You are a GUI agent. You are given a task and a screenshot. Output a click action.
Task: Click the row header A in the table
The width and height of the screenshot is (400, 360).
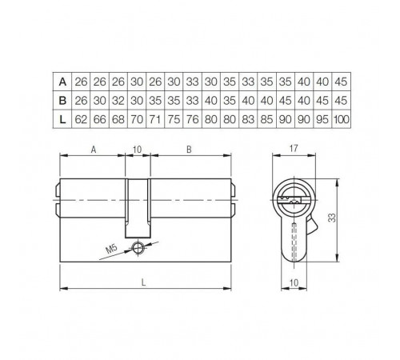62,81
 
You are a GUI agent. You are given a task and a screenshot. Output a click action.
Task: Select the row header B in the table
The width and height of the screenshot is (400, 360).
62,100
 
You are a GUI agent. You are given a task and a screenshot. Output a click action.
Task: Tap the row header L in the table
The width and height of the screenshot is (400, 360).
62,119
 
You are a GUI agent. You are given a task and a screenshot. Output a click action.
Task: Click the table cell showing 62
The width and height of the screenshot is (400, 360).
81,119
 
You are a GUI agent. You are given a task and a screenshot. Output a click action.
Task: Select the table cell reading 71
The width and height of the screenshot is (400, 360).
155,119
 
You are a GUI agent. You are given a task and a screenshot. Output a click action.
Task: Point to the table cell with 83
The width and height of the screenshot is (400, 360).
249,119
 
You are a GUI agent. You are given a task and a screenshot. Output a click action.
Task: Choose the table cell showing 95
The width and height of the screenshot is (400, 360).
323,119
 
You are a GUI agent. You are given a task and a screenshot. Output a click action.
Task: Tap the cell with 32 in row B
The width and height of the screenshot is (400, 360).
118,100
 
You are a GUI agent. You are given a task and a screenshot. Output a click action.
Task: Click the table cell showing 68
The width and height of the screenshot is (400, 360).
118,119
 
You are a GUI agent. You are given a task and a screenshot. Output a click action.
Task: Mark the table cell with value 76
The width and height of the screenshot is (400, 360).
193,119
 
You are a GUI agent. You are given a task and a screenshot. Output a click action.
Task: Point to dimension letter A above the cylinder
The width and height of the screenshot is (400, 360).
94,149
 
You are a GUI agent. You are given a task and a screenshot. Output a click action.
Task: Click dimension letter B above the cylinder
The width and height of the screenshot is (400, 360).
187,149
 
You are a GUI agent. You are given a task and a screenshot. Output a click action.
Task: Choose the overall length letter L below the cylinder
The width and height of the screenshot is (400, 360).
142,281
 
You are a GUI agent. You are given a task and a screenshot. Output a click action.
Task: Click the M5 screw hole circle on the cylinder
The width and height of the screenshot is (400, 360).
138,247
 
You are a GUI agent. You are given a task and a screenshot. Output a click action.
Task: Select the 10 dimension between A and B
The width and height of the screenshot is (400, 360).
137,149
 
